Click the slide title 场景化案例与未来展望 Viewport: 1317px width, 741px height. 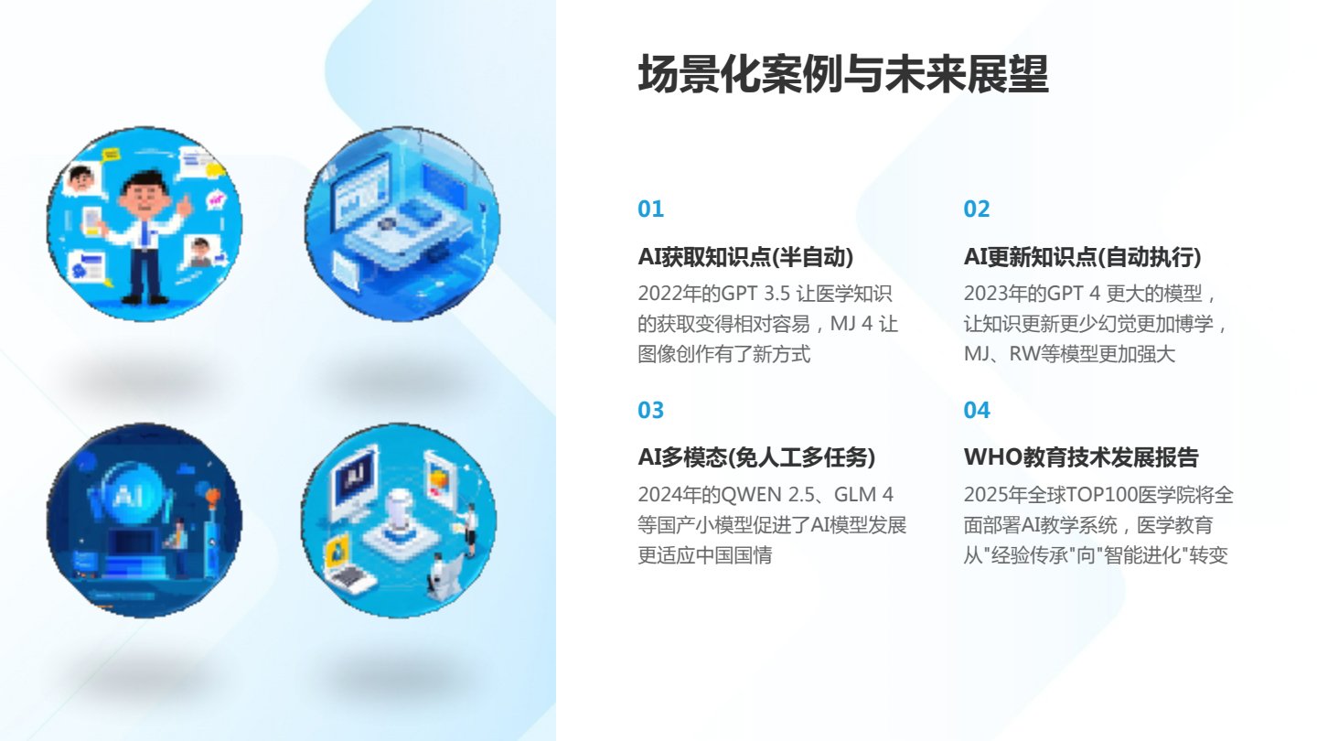(x=843, y=74)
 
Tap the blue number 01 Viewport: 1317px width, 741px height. (x=651, y=209)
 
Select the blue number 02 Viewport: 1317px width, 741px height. (x=977, y=209)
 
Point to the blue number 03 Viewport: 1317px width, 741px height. (x=651, y=411)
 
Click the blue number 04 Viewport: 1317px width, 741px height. (x=977, y=411)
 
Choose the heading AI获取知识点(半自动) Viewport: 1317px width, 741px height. (x=745, y=257)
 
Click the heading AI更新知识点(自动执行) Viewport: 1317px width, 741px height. (x=1083, y=257)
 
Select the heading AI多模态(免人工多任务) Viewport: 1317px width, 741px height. (x=756, y=457)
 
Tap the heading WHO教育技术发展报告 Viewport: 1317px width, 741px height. (x=1081, y=457)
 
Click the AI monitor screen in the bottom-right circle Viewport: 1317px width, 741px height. (x=355, y=478)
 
